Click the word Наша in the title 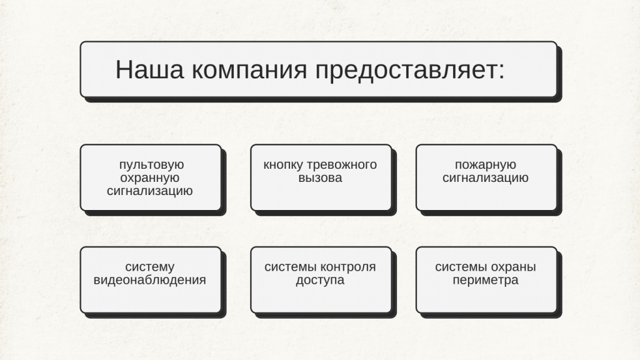point(150,69)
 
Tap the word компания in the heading point(249,69)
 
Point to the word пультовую point(151,165)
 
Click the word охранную point(150,178)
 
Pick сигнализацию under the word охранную point(150,191)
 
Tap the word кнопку point(283,165)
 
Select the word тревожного point(342,165)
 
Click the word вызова point(320,178)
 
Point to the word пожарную point(486,165)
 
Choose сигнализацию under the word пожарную point(486,178)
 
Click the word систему point(150,267)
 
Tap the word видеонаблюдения point(150,280)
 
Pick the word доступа point(320,281)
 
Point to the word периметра point(486,281)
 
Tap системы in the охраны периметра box point(461,267)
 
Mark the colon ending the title point(502,72)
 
